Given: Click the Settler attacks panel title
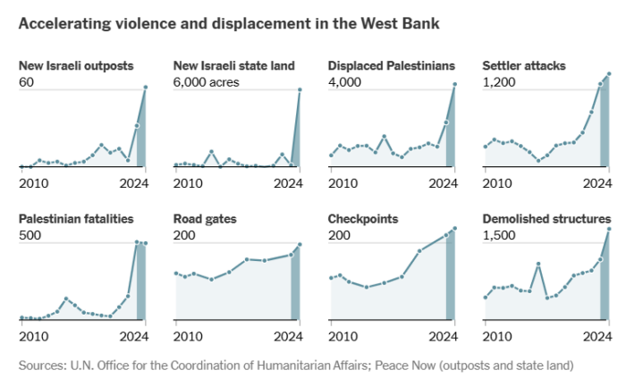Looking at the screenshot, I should coord(523,66).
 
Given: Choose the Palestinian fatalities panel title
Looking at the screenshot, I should coord(77,219).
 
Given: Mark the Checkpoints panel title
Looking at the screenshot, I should coord(363,219).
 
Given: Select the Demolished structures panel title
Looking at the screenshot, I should coord(546,219).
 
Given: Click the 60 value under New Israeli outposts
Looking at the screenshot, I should coord(27,82).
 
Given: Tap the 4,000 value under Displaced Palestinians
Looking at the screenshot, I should coord(344,82).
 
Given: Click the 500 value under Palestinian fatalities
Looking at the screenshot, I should coord(30,235).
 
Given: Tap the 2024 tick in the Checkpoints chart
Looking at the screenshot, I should coord(441,336).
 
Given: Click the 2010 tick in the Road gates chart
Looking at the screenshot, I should coord(189,336).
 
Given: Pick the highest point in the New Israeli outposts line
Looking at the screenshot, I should coord(146,88).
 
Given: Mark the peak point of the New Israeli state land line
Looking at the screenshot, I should coord(300,89).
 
